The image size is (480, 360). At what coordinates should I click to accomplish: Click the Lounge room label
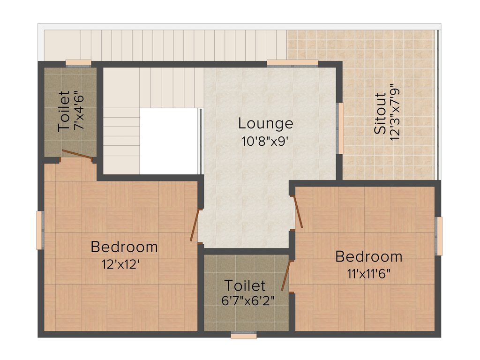coord(265,124)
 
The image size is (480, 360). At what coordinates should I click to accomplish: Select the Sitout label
coord(381,114)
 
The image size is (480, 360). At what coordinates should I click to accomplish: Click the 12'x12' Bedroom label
coord(124,247)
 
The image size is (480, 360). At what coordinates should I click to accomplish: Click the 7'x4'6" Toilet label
coord(64,111)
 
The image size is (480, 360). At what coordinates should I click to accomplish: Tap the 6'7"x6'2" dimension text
coord(245,300)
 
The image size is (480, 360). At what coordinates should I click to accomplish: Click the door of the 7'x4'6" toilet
coord(77,156)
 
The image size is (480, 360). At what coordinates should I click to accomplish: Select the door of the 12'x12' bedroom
coord(195,225)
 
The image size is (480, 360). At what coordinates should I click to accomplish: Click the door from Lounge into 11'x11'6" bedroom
coord(298,213)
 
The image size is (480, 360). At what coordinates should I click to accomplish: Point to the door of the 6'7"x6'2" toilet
coord(285,276)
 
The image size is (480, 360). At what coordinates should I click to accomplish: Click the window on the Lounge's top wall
coord(292,63)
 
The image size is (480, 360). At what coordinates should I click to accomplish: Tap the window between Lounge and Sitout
coord(341,128)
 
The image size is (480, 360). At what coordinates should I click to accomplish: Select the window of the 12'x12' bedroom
coord(40,230)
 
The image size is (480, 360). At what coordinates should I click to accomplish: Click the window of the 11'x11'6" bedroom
coord(439,236)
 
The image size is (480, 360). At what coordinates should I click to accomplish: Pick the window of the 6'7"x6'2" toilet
coord(244,336)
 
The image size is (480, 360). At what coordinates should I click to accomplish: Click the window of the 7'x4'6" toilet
coord(78,63)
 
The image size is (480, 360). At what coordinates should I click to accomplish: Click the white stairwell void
coord(169,141)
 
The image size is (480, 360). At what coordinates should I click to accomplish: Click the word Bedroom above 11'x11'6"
coord(369,257)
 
